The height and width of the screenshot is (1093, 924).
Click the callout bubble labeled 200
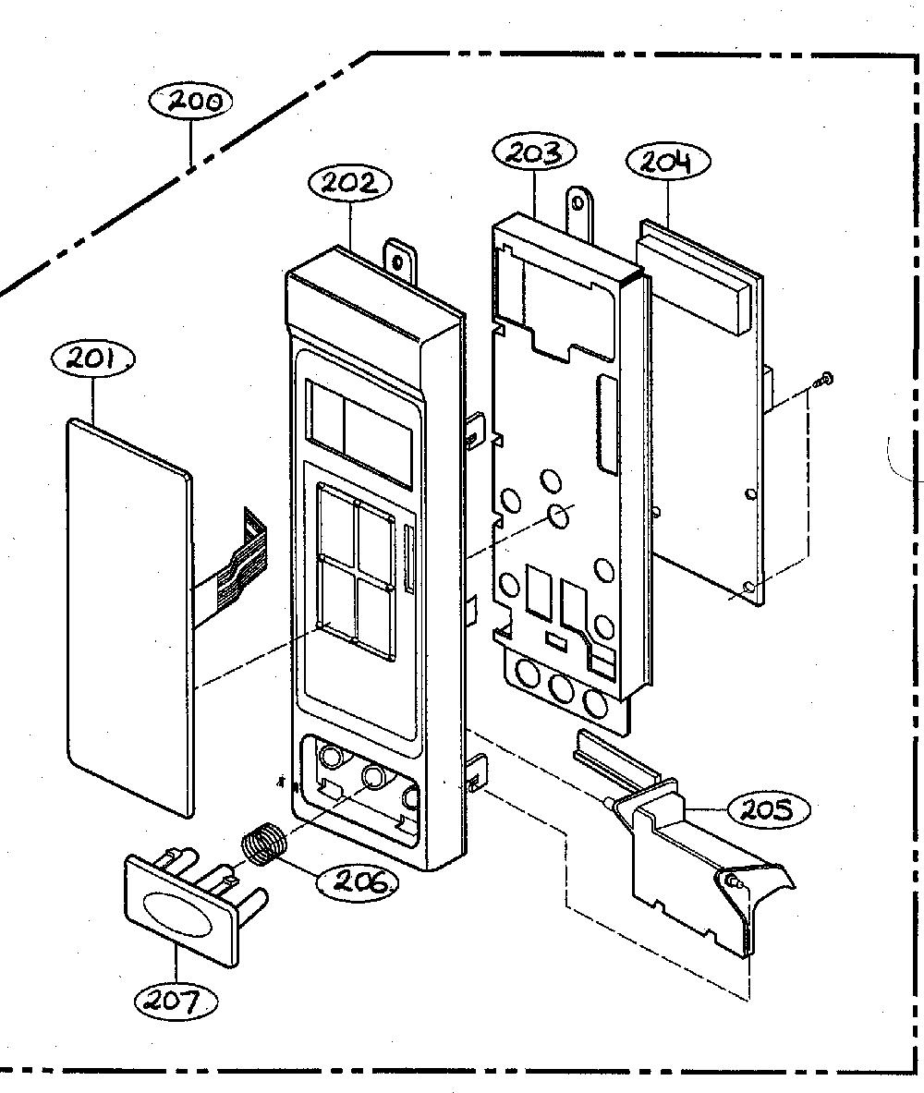point(190,103)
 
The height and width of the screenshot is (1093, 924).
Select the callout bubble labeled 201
point(93,359)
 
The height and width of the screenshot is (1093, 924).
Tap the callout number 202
point(350,183)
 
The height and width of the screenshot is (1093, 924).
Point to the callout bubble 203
point(534,153)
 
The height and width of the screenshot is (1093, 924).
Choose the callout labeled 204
point(668,162)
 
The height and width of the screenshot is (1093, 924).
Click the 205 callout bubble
point(769,810)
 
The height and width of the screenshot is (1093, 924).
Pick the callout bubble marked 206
point(359,882)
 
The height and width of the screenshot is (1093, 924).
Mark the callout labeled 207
point(175,1002)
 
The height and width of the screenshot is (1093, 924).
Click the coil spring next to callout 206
point(262,844)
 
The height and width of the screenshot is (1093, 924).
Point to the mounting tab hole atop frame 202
point(397,262)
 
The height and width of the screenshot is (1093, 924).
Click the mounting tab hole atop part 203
point(578,203)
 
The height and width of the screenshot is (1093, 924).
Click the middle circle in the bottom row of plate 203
point(561,690)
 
